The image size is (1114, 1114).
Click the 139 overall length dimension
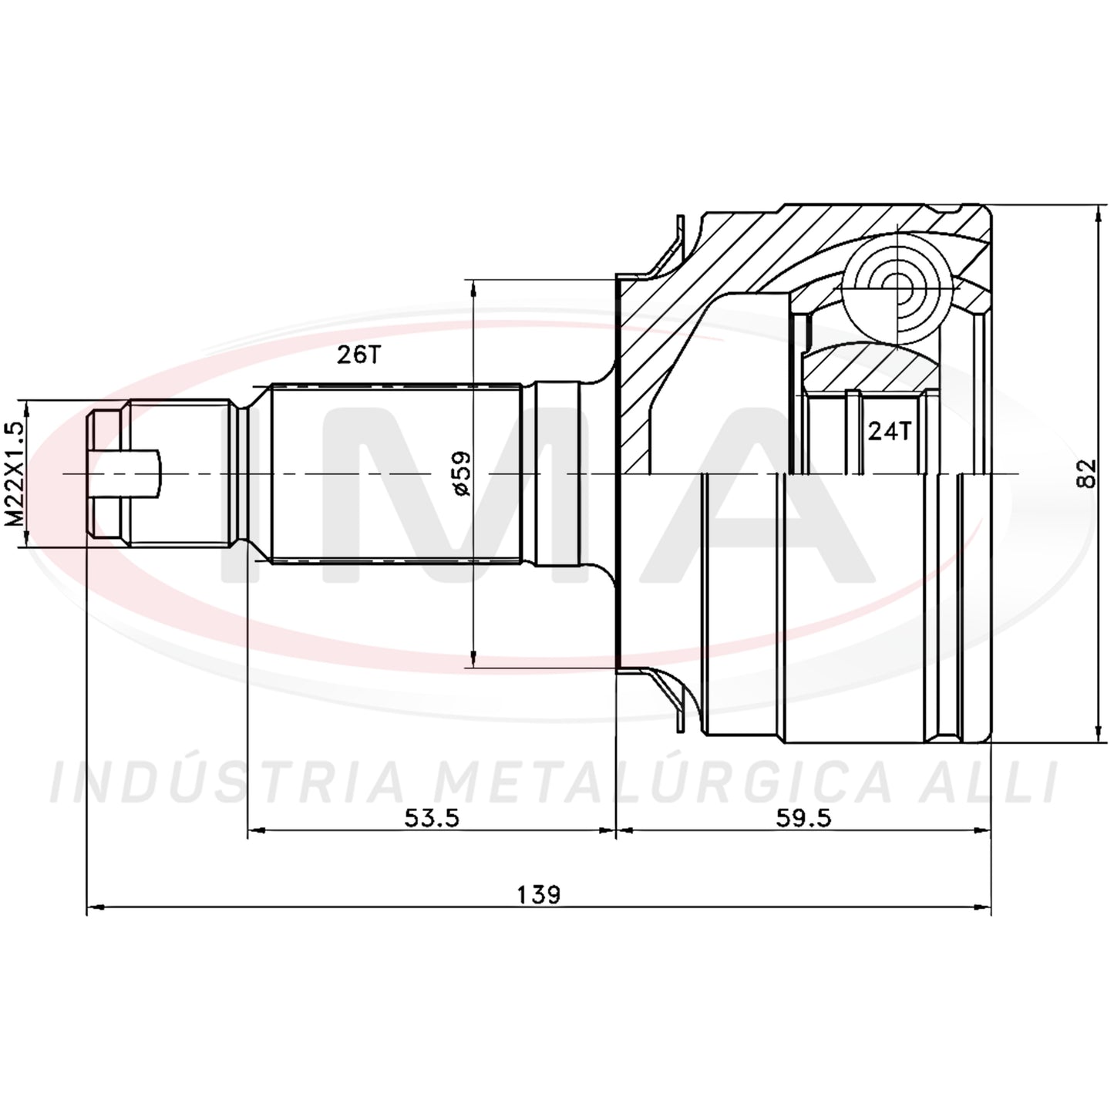coord(538,894)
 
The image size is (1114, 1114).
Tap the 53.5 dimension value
coord(432,817)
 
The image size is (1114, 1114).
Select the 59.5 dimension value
coord(803,817)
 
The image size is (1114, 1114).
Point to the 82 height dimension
coord(1088,473)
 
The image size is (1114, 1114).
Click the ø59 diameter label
coord(463,473)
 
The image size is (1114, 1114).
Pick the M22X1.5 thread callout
coord(15,473)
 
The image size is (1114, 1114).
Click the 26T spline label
coord(359,355)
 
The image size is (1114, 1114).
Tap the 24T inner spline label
coord(889,431)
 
